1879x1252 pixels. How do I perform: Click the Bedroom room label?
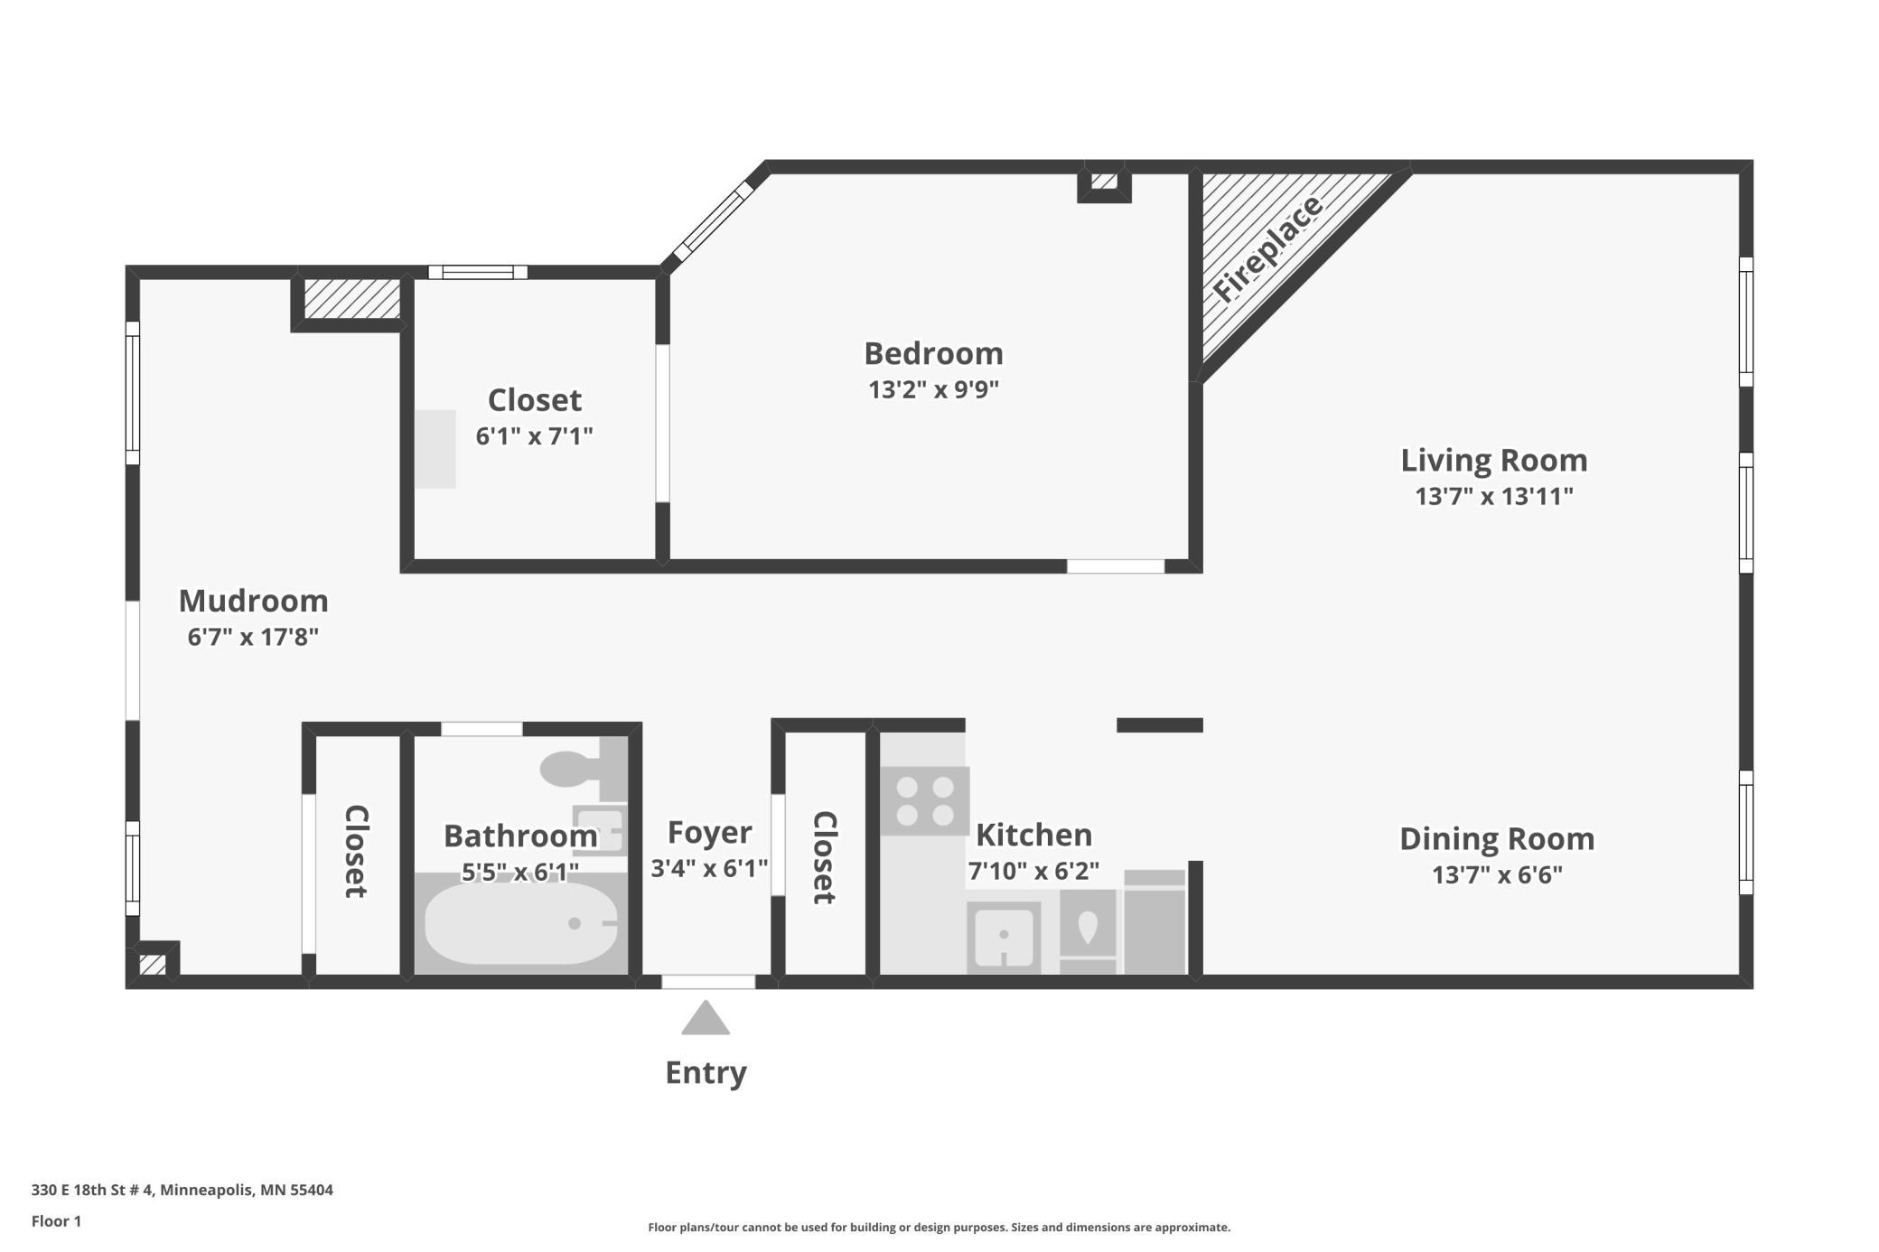pos(933,353)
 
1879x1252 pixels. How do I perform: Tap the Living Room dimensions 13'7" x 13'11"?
pos(1494,496)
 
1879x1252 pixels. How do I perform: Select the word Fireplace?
pos(1267,248)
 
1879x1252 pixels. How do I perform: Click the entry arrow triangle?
pos(706,1017)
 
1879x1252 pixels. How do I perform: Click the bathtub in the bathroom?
pos(521,923)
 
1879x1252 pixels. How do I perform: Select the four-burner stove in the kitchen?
pos(925,801)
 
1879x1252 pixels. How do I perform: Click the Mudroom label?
pos(253,601)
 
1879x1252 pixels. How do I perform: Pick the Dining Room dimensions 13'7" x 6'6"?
pos(1497,874)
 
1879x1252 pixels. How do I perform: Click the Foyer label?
pos(709,833)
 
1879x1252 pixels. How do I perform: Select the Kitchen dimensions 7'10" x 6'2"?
pos(1033,871)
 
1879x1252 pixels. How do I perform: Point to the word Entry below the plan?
pos(706,1072)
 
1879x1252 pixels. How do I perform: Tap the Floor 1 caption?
pos(56,1221)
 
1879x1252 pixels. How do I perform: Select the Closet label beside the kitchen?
pos(824,857)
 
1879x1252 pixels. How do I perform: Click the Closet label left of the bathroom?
pos(356,851)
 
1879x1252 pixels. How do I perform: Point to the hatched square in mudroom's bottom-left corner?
pos(153,964)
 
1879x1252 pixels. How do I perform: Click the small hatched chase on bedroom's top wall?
pos(1104,182)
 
